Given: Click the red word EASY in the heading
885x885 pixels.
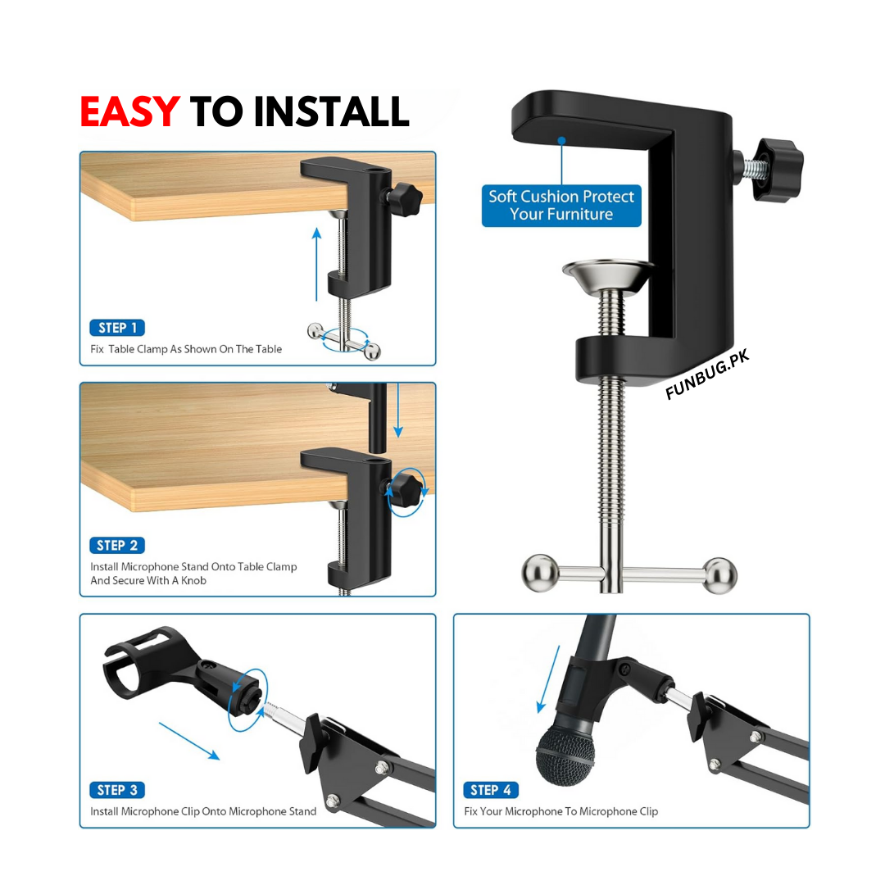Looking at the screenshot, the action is [x=129, y=111].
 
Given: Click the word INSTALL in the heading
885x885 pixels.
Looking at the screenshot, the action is [x=331, y=111].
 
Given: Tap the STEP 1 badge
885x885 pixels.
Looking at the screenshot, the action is [x=117, y=328].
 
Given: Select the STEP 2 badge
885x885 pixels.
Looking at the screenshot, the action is [x=117, y=545].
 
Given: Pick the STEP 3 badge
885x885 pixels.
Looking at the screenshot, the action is [x=117, y=790].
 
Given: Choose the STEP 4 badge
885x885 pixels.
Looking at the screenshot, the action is [x=491, y=790].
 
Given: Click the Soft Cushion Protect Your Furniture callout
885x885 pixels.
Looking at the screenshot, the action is [x=561, y=206].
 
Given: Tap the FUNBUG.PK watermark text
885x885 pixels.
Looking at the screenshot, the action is [x=707, y=374].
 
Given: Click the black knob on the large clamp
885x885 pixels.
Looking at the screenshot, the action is [x=779, y=170].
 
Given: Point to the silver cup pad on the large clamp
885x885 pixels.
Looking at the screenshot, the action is [x=608, y=276].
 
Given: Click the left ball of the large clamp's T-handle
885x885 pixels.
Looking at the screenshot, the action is [x=540, y=574].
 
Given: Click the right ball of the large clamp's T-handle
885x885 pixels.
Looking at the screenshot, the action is [x=719, y=575].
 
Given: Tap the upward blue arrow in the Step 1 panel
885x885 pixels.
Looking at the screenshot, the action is [x=316, y=264].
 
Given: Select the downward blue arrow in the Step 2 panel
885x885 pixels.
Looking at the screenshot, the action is [x=398, y=411].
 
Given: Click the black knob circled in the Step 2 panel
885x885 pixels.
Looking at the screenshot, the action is [x=406, y=491].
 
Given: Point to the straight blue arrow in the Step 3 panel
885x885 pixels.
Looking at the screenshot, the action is [x=189, y=741].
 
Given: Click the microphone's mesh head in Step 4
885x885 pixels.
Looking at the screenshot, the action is [x=565, y=755].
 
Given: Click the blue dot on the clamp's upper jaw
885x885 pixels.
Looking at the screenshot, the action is [x=561, y=141].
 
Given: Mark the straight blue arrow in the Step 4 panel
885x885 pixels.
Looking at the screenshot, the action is [x=548, y=679].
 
